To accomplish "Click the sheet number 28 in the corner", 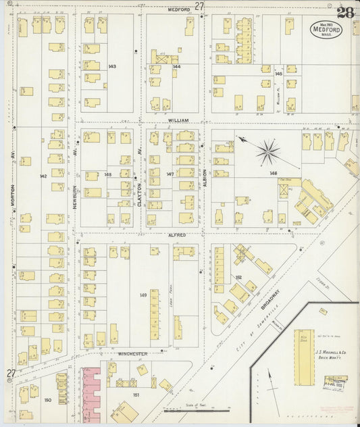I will [345, 12].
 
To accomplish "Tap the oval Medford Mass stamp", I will [326, 30].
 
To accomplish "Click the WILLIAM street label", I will [178, 120].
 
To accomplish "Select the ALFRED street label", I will [178, 235].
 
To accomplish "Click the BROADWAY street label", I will [270, 298].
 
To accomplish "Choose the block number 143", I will [112, 66].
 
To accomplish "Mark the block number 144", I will [177, 67].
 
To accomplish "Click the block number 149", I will [143, 295].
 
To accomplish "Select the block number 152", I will [238, 277].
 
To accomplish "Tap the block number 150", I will [47, 400].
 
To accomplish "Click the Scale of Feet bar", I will [206, 409].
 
